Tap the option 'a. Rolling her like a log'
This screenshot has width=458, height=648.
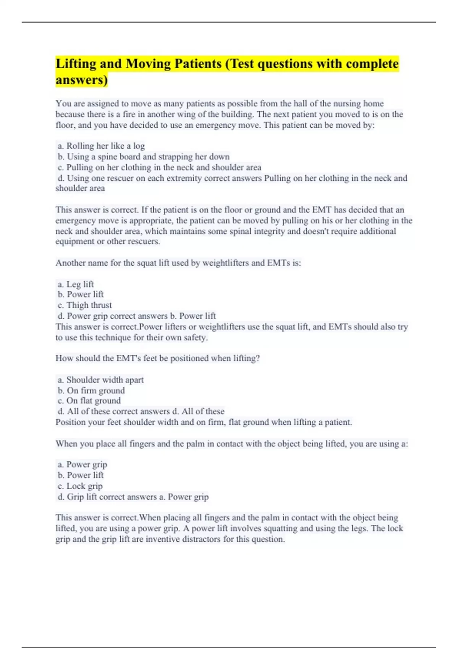tap(101, 146)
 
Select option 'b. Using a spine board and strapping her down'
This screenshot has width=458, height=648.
tap(144, 156)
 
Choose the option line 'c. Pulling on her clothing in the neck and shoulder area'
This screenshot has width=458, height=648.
tap(160, 167)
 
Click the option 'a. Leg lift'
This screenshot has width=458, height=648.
tap(76, 284)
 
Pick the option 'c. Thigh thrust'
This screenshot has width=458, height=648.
tap(85, 305)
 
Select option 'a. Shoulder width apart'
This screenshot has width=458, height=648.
tap(101, 380)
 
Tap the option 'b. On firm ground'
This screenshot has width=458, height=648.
tap(91, 390)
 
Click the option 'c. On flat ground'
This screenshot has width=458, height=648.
tap(89, 401)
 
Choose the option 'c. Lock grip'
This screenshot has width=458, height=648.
tap(80, 486)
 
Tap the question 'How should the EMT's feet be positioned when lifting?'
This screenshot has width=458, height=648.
tap(158, 358)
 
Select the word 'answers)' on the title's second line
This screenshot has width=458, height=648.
tap(82, 80)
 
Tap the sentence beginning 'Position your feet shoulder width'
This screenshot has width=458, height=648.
tap(204, 422)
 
